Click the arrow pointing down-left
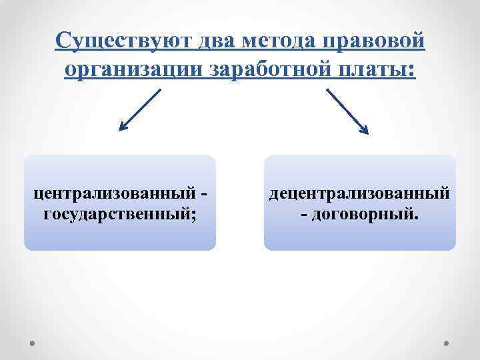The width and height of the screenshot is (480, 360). pyautogui.click(x=141, y=110)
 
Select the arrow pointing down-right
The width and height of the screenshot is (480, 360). pyautogui.click(x=347, y=111)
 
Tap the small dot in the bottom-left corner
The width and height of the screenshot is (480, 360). pyautogui.click(x=33, y=343)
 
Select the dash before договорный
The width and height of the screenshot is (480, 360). pyautogui.click(x=305, y=215)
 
